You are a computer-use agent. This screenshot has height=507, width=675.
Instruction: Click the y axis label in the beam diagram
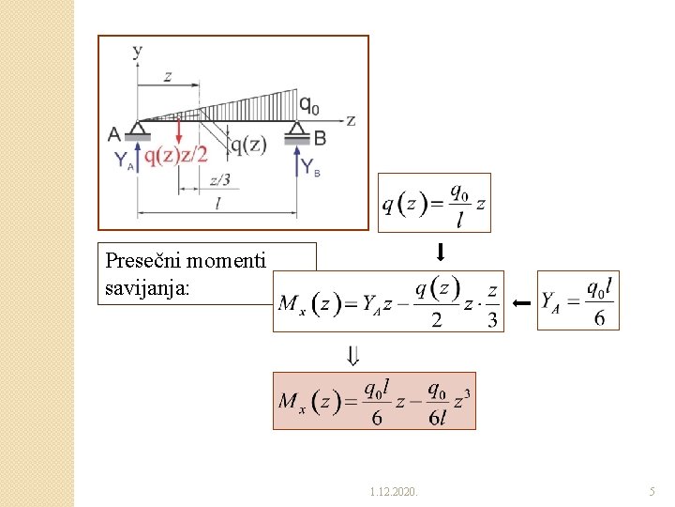[x=138, y=51]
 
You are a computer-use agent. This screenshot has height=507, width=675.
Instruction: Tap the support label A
[x=114, y=134]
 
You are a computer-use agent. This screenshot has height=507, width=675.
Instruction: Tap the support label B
[x=320, y=138]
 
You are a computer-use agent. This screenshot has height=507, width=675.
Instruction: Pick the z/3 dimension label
[x=218, y=180]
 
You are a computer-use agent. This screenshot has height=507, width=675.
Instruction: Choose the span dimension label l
[x=218, y=204]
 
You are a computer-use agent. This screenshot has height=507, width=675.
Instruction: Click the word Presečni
[x=142, y=260]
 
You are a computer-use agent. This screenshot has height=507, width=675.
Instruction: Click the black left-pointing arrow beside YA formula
[x=521, y=303]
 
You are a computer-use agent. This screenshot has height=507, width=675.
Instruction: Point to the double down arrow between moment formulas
[x=352, y=356]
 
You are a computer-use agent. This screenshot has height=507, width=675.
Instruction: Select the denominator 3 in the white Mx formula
[x=492, y=319]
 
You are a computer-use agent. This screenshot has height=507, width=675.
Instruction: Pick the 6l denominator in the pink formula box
[x=437, y=418]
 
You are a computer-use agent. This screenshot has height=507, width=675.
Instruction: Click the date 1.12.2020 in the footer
[x=394, y=491]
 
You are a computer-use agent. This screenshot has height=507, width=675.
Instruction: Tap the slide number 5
[x=652, y=491]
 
